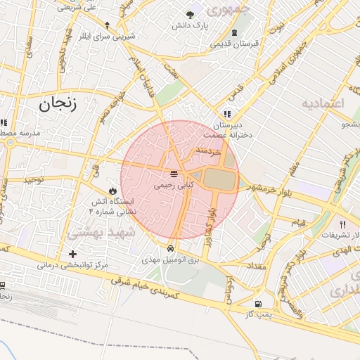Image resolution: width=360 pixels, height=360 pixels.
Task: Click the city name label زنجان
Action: [56, 103]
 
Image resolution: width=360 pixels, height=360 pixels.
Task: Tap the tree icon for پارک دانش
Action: [190, 15]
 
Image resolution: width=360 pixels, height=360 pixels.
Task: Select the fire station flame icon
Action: [112, 191]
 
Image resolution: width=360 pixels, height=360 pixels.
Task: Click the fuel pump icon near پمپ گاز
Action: [259, 304]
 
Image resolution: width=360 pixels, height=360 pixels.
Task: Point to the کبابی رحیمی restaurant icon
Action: [173, 174]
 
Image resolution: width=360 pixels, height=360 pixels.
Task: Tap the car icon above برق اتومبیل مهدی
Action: [171, 250]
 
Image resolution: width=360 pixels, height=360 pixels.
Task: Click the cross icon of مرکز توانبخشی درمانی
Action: [72, 254]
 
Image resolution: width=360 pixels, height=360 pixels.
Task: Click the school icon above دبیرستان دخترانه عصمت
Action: [226, 114]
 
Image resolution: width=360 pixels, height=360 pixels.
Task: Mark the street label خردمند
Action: [209, 150]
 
